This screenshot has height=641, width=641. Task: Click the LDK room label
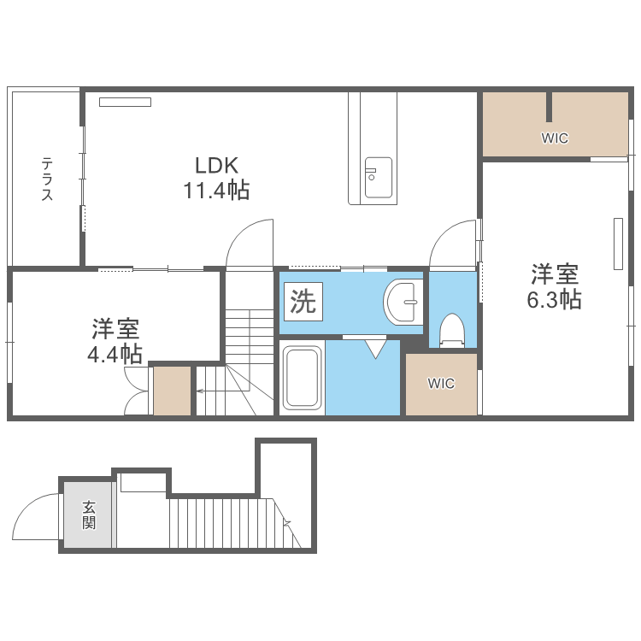(215, 165)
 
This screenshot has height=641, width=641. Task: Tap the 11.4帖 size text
(215, 191)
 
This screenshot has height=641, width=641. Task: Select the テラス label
(47, 179)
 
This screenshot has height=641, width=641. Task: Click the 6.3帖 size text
(556, 300)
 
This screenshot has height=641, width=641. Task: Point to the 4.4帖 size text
(115, 352)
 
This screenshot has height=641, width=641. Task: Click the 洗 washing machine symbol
(303, 302)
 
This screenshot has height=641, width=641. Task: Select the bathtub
(302, 377)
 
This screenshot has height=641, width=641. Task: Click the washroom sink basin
(402, 302)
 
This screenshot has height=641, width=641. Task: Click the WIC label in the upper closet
(555, 138)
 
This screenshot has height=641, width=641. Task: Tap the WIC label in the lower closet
(441, 384)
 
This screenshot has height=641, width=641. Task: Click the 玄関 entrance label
(89, 515)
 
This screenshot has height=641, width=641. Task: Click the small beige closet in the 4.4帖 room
(172, 391)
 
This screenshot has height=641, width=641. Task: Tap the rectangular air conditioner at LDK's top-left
(125, 103)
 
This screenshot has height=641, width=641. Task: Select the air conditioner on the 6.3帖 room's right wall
(618, 244)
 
